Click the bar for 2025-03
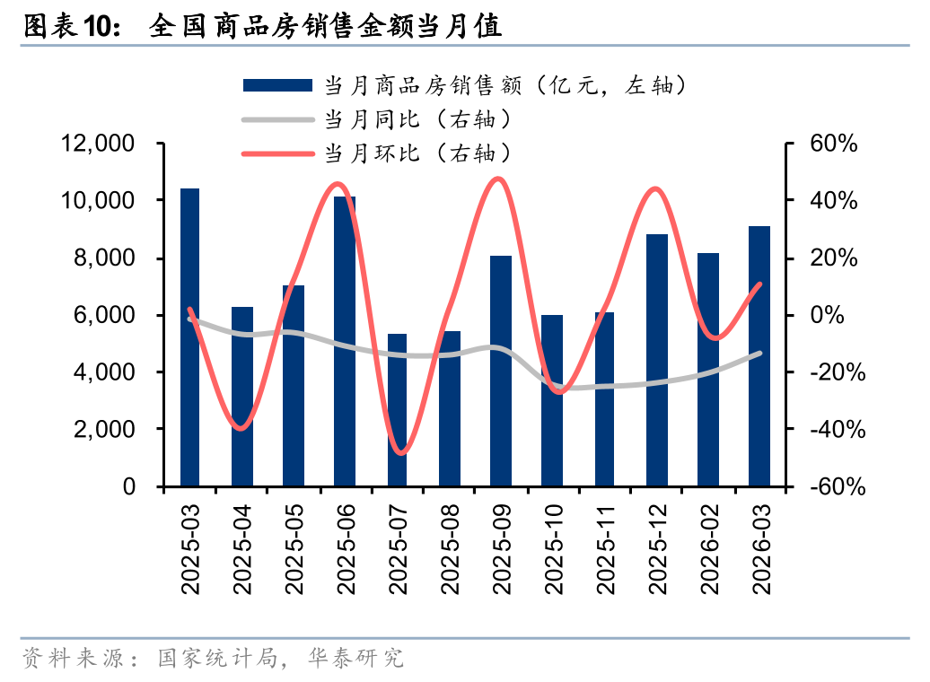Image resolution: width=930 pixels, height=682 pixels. point(189,337)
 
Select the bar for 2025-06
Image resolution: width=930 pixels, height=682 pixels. point(345,341)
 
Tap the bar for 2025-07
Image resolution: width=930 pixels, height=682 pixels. point(397,410)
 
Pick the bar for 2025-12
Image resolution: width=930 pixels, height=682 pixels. point(657,360)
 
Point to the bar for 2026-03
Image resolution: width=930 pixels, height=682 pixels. point(759,356)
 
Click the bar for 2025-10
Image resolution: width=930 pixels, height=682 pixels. point(552,400)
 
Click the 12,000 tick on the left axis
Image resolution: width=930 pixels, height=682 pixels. point(98,144)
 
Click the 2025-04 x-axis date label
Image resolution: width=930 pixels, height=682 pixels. point(242,548)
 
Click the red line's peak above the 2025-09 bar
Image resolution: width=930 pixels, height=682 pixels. point(499,179)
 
